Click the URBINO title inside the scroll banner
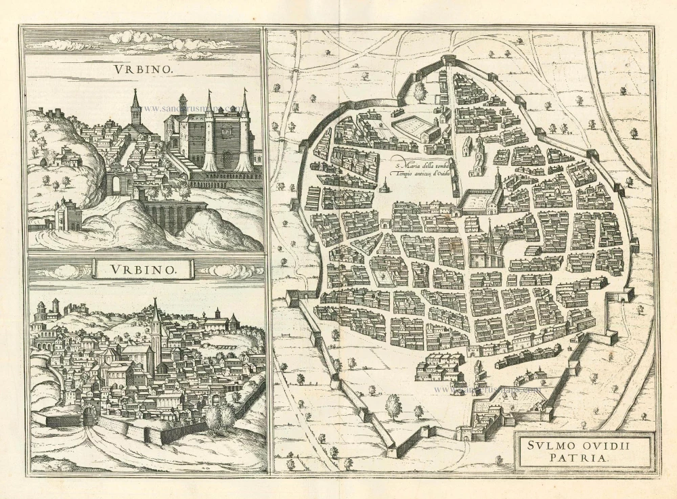point(143,269)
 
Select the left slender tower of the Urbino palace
point(209,132)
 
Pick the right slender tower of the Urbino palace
point(244,132)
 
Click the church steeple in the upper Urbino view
point(135,108)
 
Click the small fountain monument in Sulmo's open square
point(385,186)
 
